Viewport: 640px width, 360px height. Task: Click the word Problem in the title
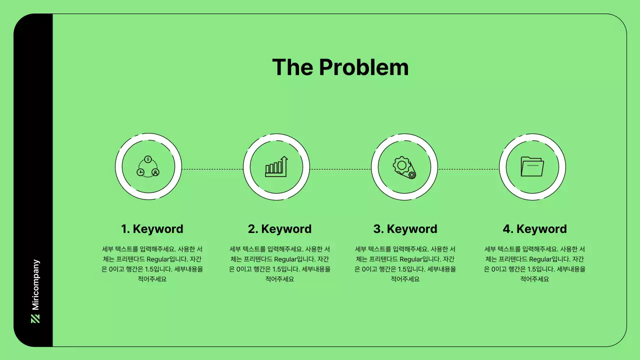[x=363, y=67]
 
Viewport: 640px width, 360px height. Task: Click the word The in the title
[x=292, y=67]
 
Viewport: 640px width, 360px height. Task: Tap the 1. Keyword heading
[x=152, y=229]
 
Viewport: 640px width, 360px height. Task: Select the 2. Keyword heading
[x=279, y=229]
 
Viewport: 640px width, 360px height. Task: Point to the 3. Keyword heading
[x=405, y=229]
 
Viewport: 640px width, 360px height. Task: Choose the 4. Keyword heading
[x=534, y=229]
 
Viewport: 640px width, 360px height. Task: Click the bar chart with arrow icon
[x=276, y=166]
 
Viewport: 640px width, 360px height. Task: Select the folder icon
[x=532, y=166]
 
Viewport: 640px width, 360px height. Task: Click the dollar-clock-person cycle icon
[x=148, y=166]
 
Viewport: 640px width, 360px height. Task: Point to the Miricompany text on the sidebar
[x=35, y=284]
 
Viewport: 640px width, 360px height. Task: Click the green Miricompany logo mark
[x=35, y=318]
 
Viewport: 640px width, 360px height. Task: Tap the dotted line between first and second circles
[x=212, y=169]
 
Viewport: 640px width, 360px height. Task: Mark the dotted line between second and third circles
[x=340, y=169]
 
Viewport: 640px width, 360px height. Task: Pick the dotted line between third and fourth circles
[x=468, y=169]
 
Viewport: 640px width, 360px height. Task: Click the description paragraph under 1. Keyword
[x=152, y=264]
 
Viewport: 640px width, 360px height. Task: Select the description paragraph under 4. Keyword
[x=534, y=264]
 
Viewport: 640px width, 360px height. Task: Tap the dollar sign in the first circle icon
[x=148, y=159]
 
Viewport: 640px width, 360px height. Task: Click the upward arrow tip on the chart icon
[x=285, y=158]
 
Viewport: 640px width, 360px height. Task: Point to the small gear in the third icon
[x=411, y=174]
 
